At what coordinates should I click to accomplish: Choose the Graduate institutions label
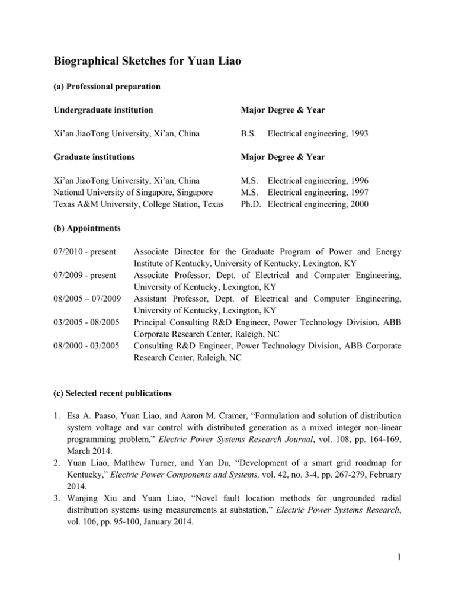(94, 160)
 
